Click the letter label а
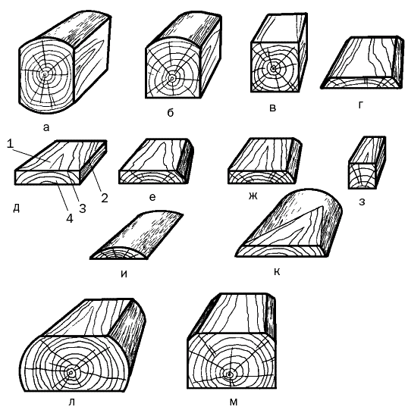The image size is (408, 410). click(x=46, y=127)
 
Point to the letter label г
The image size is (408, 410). click(x=360, y=105)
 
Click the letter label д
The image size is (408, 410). click(x=16, y=206)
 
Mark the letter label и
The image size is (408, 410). click(x=123, y=274)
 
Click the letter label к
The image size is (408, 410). click(x=277, y=271)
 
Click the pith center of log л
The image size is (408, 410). click(x=71, y=372)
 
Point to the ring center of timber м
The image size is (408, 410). click(x=230, y=374)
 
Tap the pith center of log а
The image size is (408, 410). click(x=47, y=76)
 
